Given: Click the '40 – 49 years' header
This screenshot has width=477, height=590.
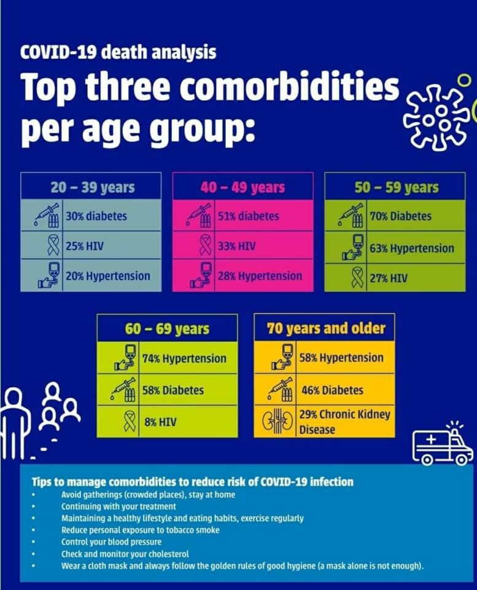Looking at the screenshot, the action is coord(243,187).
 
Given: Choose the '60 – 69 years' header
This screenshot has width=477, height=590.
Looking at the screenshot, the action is coord(167,328).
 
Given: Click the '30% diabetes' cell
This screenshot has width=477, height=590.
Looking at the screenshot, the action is coord(112,216).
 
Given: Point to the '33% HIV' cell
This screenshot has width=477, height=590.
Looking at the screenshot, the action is coord(263,246).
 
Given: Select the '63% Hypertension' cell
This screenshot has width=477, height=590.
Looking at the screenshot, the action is coord(416,248).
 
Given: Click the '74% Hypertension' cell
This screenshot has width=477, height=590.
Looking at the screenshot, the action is coord(188,358).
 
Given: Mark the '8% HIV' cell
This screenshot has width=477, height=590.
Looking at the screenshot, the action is coord(188,422).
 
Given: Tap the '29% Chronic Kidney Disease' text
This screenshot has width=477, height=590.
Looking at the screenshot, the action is coord(344,422).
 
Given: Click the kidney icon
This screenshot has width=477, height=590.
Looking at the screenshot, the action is coord(277,421).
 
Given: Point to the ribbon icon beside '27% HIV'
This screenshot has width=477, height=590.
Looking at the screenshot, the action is coord(357,278).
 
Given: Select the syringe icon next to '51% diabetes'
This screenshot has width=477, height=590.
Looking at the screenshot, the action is coord(200,216).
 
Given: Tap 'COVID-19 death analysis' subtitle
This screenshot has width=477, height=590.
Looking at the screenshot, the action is coord(118,52).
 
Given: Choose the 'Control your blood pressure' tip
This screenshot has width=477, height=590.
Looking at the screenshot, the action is coord(111,542).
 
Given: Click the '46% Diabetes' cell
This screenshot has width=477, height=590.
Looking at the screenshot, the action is coord(332,390).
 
